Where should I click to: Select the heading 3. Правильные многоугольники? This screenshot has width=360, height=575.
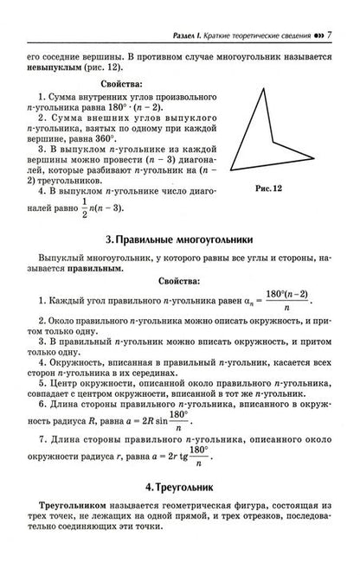(x=180, y=238)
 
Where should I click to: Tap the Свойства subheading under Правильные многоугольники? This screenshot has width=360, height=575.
(x=179, y=282)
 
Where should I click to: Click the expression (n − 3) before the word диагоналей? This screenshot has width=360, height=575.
(x=171, y=161)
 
